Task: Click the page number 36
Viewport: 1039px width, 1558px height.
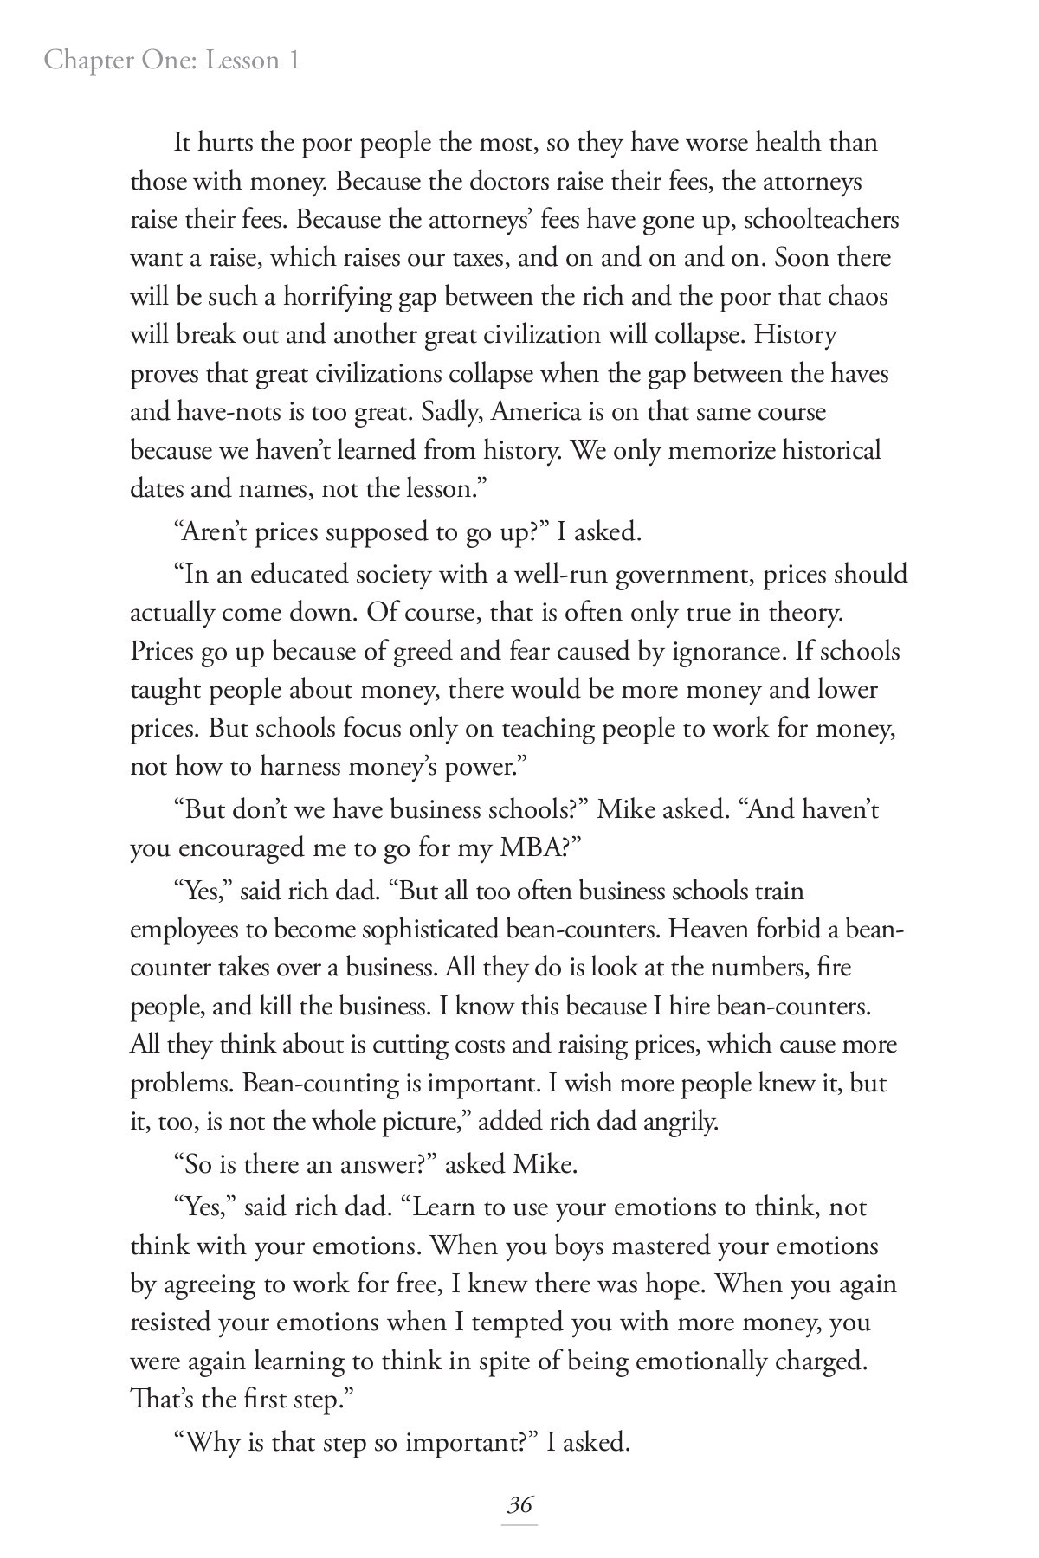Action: [x=519, y=1504]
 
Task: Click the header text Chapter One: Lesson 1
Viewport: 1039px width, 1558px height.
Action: [x=171, y=61]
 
